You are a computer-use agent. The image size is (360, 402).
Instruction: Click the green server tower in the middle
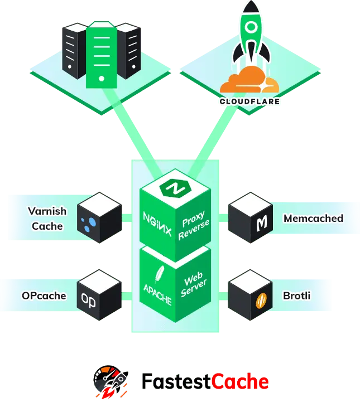[x=102, y=55]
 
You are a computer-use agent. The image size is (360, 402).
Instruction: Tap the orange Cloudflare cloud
[x=249, y=80]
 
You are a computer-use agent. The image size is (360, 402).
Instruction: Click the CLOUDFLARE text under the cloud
[x=249, y=101]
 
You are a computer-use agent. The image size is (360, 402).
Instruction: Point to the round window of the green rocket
[x=251, y=26]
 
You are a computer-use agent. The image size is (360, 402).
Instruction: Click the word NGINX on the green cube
[x=157, y=224]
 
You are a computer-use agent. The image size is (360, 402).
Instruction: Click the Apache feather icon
[x=159, y=275]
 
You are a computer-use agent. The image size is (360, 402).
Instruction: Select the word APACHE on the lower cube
[x=157, y=295]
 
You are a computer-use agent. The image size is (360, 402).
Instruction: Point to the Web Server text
[x=194, y=284]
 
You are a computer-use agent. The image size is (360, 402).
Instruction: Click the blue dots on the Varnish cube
[x=89, y=224]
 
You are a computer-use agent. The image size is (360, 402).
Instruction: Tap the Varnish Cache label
[x=47, y=219]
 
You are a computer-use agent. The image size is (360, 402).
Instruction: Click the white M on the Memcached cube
[x=262, y=223]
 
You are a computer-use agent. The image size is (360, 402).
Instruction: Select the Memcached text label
[x=313, y=219]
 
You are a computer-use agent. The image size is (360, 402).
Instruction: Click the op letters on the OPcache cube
[x=89, y=300]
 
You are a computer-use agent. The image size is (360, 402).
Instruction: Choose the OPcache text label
[x=44, y=296]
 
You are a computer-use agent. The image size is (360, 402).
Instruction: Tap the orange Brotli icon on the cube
[x=261, y=301]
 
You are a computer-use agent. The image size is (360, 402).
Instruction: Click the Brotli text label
[x=296, y=296]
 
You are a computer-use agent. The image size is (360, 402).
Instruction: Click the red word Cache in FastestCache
[x=240, y=382]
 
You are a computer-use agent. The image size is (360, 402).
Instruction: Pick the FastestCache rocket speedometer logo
[x=111, y=381]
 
